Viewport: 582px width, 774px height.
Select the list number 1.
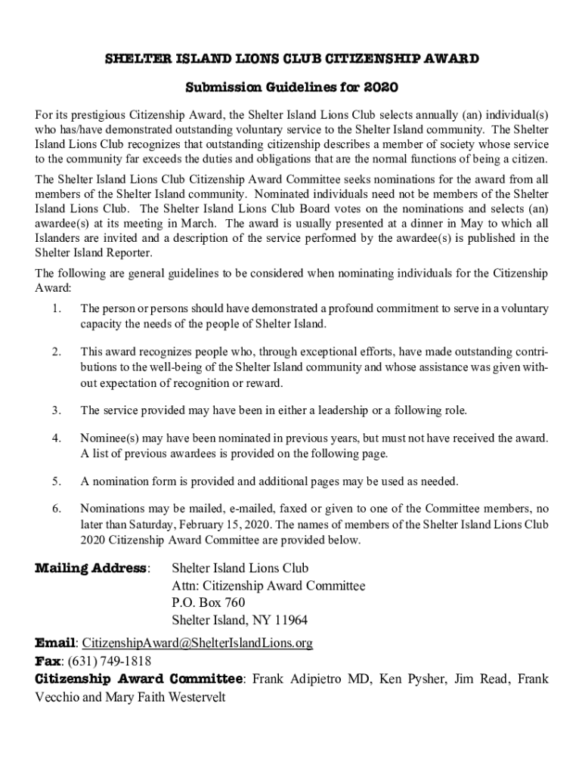pyautogui.click(x=57, y=308)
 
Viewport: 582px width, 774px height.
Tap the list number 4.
pyautogui.click(x=57, y=438)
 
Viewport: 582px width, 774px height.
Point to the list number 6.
pyautogui.click(x=57, y=508)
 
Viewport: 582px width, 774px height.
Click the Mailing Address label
pyautogui.click(x=91, y=568)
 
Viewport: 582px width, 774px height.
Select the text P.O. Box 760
pyautogui.click(x=208, y=603)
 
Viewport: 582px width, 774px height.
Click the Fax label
pyautogui.click(x=48, y=661)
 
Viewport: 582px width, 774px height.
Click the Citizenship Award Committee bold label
pyautogui.click(x=140, y=679)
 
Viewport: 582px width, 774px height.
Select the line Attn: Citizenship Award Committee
pyautogui.click(x=268, y=586)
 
